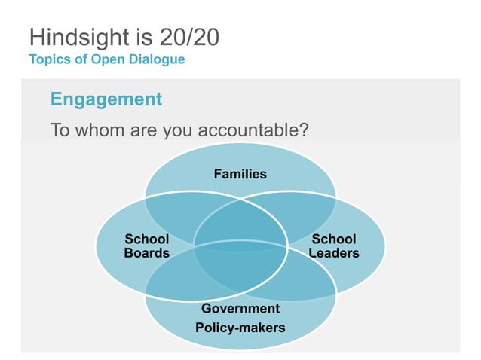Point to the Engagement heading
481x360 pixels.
coord(106,99)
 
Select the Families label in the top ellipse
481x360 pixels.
coord(240,174)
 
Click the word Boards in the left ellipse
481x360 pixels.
coord(146,253)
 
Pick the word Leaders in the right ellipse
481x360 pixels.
coord(334,253)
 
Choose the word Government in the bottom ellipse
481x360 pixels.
coord(240,309)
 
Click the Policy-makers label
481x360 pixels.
coord(240,328)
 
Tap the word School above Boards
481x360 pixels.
coord(146,239)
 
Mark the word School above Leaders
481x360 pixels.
coord(334,239)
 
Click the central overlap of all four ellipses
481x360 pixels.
coord(240,246)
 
